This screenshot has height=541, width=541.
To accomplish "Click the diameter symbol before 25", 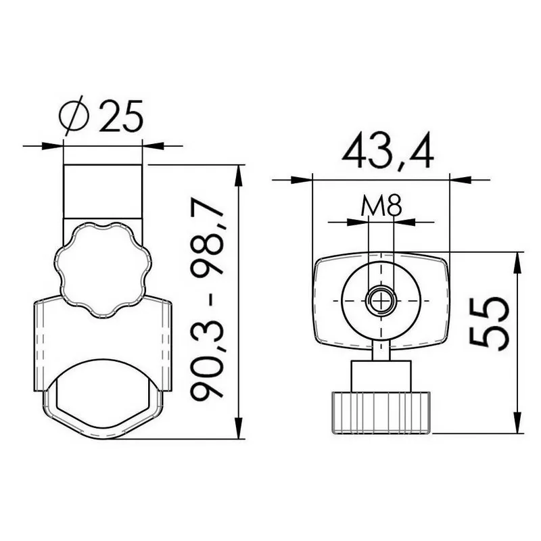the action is click(x=74, y=115).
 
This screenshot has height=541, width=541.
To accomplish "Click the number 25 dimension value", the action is click(x=121, y=116).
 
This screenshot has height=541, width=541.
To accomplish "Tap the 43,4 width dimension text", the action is click(x=387, y=150).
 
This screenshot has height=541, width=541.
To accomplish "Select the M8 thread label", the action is click(x=381, y=206).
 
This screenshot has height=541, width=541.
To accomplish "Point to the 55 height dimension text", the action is click(x=489, y=324).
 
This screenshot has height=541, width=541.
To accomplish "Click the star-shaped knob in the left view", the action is click(x=103, y=270).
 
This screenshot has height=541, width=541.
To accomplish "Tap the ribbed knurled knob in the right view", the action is click(x=381, y=413).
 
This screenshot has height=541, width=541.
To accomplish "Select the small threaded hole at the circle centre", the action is click(x=381, y=301).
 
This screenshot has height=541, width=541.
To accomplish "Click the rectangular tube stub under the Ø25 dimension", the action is click(x=103, y=191).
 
